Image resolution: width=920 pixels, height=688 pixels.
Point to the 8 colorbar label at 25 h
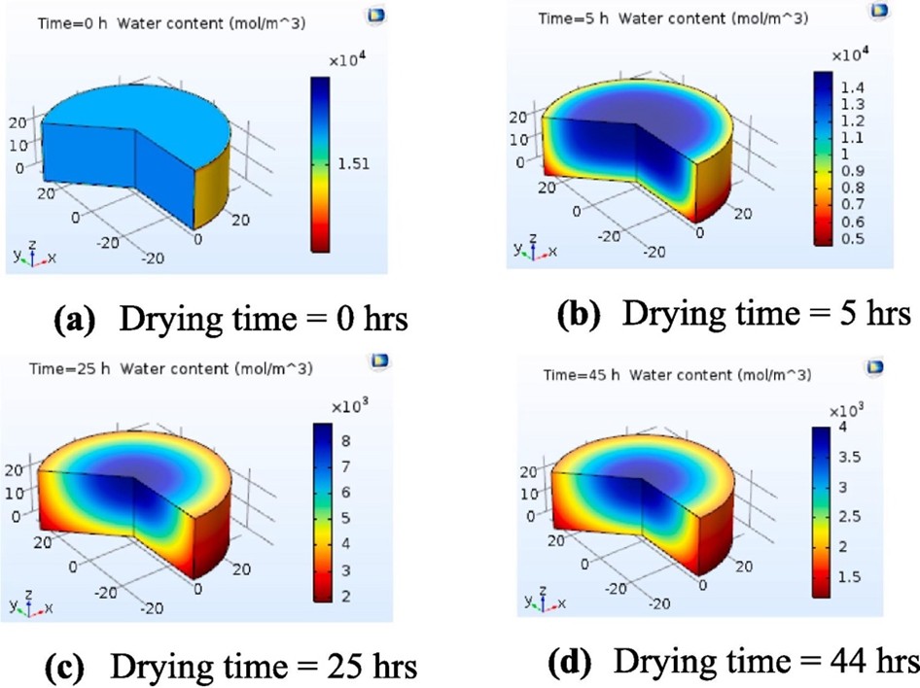point(345,439)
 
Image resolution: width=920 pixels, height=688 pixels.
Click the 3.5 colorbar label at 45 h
point(851,454)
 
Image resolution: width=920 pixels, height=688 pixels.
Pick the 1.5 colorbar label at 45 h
point(851,578)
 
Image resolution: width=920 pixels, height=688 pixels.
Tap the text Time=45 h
point(579,373)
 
